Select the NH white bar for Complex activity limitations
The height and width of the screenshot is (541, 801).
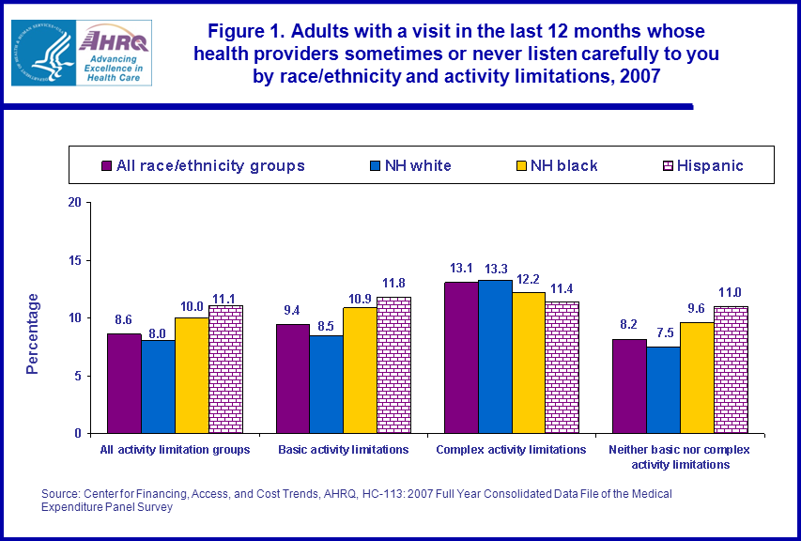496,356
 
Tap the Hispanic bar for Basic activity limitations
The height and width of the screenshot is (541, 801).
393,365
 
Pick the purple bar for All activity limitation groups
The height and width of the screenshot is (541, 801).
124,383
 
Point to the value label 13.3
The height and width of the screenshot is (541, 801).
497,270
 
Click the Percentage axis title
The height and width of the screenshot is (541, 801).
33,333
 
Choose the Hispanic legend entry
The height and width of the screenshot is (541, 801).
702,165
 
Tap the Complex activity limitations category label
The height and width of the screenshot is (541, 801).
512,450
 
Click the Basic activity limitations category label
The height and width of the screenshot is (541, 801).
344,450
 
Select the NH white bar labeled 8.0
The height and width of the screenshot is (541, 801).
158,386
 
